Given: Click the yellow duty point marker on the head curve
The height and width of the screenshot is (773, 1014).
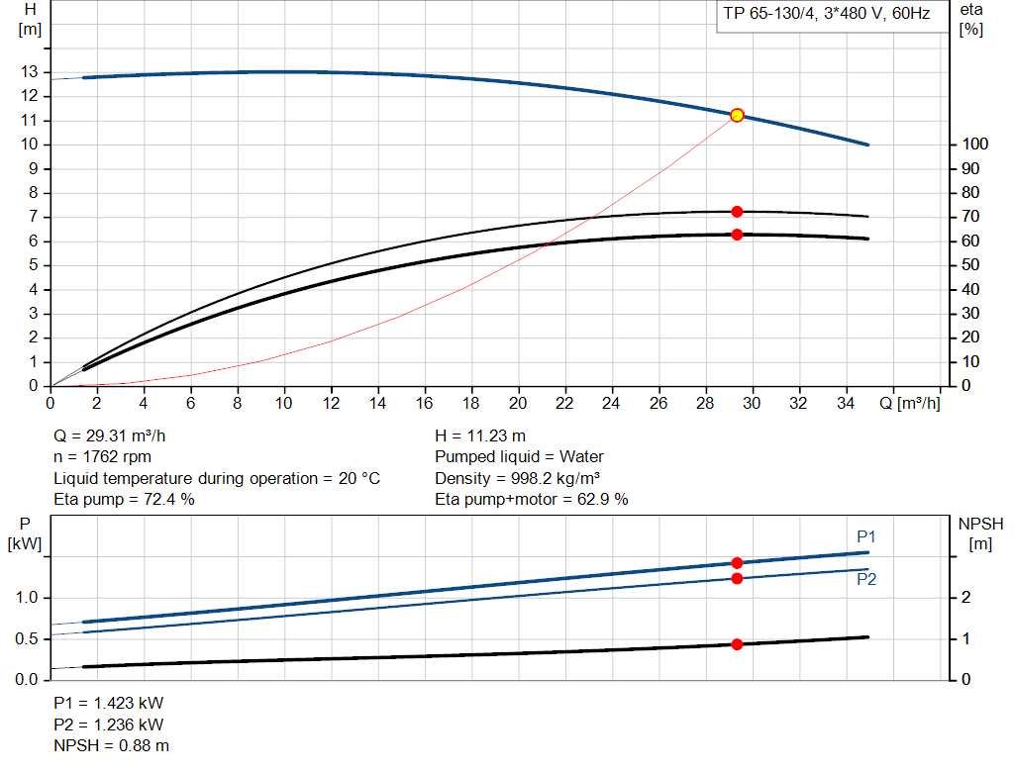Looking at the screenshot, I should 737,116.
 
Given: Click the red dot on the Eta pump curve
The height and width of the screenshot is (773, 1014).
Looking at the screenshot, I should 737,212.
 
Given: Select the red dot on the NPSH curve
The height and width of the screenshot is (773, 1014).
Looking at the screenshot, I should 737,644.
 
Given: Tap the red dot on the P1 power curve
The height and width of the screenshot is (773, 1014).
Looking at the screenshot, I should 737,563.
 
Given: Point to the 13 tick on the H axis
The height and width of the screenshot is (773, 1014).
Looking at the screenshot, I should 30,72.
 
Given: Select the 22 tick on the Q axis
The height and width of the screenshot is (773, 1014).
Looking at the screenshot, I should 564,404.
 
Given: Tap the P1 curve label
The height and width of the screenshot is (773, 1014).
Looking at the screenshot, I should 866,537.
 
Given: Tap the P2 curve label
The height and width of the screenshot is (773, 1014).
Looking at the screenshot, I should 866,580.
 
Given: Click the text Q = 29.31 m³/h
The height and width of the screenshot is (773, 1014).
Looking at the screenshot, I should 117,435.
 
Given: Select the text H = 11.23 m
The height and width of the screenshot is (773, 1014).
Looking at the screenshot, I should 480,435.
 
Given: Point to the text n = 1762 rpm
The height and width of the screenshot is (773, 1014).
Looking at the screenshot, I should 104,457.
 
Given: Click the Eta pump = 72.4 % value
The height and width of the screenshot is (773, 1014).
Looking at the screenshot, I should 124,500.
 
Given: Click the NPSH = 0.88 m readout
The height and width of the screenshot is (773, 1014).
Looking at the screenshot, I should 111,745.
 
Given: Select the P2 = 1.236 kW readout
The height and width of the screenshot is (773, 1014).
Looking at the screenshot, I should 108,725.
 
